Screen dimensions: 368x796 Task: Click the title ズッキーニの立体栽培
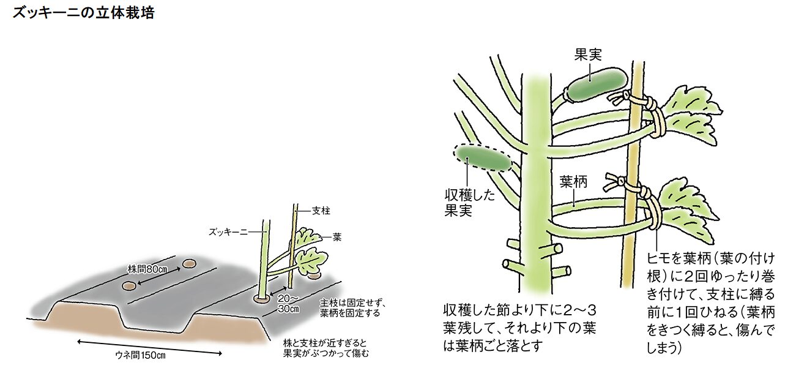[83, 13]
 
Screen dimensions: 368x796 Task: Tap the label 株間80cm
[147, 269]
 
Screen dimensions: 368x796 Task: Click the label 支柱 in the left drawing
[321, 210]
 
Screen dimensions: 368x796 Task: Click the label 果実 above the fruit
[588, 54]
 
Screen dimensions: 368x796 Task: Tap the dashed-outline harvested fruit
[483, 159]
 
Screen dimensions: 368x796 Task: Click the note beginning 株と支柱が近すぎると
[327, 347]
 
